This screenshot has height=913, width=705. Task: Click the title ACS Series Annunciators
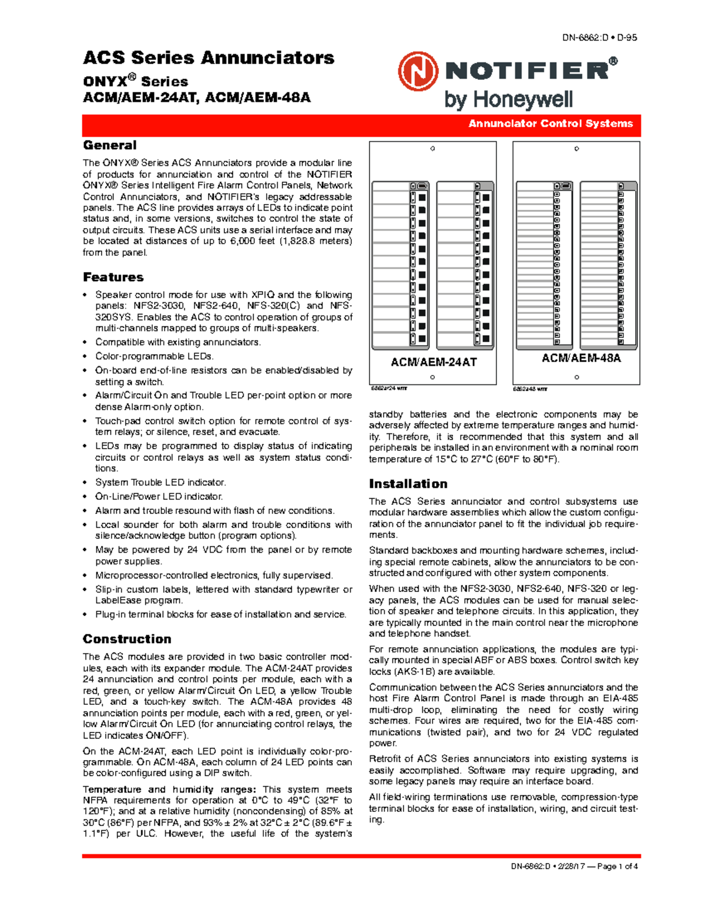pos(209,58)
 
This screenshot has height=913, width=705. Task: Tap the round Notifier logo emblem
pos(418,72)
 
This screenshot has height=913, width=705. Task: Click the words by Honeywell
pos(508,100)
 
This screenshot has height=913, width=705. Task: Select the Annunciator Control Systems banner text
pos(550,123)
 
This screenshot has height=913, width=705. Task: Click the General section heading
pos(109,145)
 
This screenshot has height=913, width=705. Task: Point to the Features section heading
pos(113,277)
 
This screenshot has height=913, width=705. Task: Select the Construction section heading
pos(127,639)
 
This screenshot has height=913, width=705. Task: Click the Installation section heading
pos(408,484)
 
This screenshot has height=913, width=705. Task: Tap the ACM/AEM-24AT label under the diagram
pos(434,362)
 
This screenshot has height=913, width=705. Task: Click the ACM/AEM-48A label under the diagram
pos(580,358)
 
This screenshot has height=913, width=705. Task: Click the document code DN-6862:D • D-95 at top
pos(599,38)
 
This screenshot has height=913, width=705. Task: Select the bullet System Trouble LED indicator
pos(160,483)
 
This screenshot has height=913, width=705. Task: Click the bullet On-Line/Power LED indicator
pos(159,497)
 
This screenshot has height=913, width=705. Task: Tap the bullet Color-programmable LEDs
pos(155,356)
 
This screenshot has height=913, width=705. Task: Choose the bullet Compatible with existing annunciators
pos(178,342)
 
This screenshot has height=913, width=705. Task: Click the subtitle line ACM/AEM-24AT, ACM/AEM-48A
pos(197,98)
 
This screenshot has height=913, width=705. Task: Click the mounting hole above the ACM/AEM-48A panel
pos(576,149)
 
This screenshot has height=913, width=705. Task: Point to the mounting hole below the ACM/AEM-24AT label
pos(432,377)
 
